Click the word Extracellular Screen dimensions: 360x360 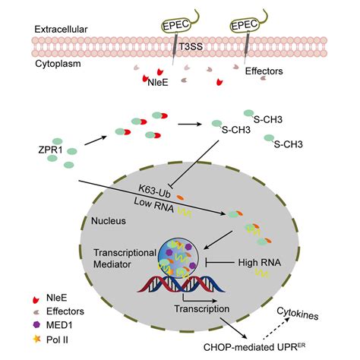point(61,28)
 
